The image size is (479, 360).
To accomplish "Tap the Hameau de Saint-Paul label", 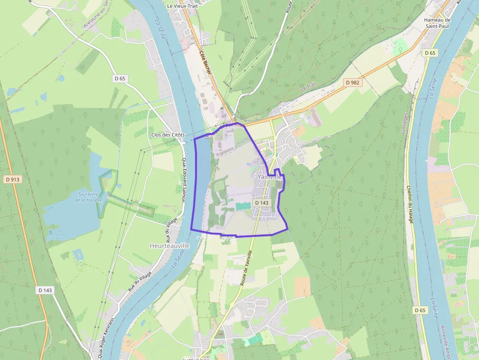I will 436,23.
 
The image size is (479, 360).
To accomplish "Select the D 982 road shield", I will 352,82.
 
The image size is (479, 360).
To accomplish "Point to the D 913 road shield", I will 13,179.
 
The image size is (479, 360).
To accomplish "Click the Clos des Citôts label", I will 168,135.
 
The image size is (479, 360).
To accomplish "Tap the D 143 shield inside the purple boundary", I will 261,202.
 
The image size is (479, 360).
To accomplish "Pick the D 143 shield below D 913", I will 45,290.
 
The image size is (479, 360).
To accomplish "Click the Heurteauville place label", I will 169,246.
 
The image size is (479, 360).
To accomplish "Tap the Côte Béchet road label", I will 205,62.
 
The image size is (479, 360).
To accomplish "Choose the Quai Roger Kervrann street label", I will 101,337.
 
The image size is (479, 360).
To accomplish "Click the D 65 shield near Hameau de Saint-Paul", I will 430,52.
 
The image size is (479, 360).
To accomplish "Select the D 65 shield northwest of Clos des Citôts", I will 120,78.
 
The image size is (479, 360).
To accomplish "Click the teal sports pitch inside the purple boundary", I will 241,207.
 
